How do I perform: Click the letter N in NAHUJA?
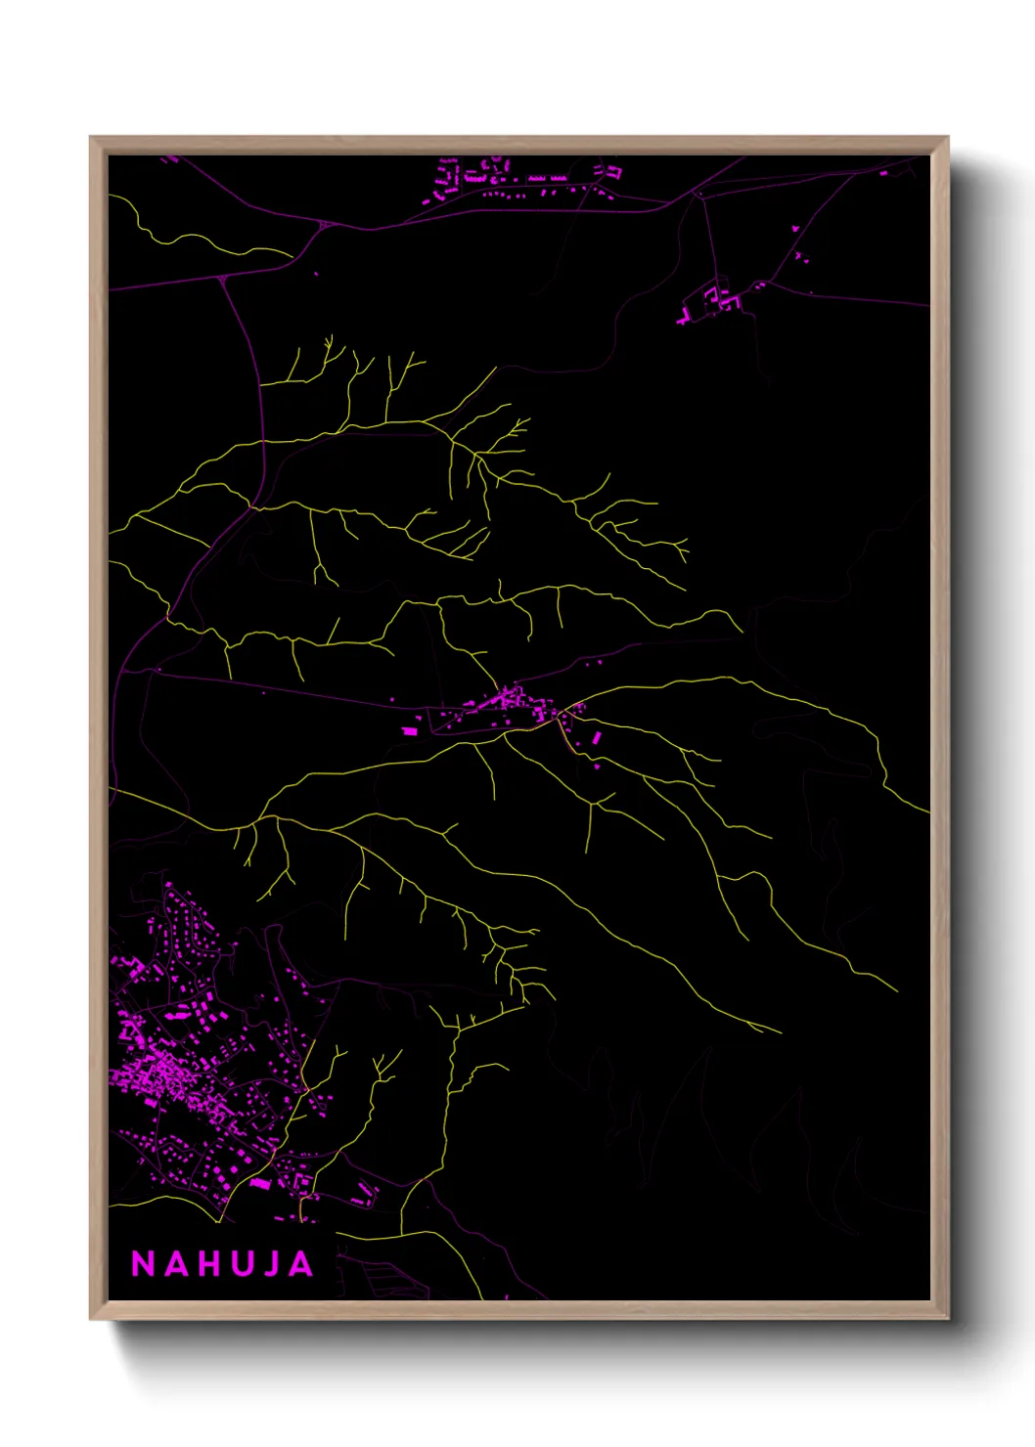(143, 1264)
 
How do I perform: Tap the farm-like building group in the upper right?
(714, 298)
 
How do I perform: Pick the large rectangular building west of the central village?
(411, 730)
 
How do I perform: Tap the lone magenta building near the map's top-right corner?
(883, 173)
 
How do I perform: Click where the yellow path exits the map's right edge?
(926, 811)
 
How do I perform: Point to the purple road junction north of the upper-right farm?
(697, 194)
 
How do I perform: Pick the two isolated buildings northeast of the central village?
(593, 663)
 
